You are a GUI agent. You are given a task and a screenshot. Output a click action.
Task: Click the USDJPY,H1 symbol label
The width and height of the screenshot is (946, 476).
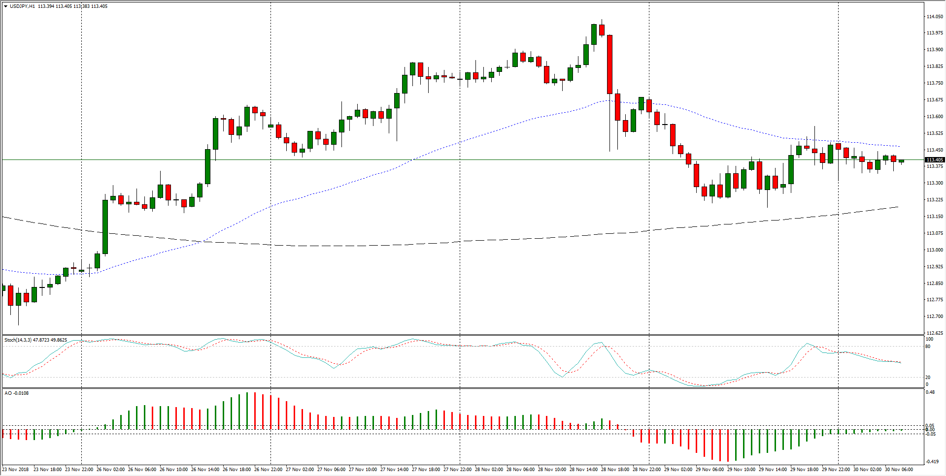point(22,6)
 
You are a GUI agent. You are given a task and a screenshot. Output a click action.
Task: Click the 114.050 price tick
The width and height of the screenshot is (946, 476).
point(934,17)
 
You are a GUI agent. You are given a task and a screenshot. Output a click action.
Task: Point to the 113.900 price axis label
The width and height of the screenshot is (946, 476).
point(934,50)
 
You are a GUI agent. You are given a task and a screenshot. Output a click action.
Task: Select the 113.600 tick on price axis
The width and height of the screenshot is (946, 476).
point(934,117)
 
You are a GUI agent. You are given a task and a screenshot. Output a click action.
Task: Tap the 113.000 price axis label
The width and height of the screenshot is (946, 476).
point(934,250)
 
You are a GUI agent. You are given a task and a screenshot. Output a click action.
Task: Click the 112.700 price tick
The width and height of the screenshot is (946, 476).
point(934,317)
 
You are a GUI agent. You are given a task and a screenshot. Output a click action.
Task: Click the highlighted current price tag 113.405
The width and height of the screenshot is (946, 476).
point(934,160)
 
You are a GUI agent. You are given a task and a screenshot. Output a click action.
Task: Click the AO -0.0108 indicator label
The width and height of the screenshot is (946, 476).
point(16,393)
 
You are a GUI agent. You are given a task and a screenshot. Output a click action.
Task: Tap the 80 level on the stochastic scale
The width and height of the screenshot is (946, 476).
point(928,347)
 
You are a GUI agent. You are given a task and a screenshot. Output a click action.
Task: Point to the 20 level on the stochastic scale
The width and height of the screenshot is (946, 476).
point(928,378)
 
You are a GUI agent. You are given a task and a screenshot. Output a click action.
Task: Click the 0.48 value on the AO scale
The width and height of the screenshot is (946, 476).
point(930,392)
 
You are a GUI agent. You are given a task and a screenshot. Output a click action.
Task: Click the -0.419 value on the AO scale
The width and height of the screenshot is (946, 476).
point(932,462)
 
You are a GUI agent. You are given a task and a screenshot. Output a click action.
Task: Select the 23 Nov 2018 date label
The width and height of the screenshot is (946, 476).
point(16,470)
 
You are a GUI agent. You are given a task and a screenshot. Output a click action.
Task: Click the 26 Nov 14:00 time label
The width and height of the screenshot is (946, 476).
point(205,470)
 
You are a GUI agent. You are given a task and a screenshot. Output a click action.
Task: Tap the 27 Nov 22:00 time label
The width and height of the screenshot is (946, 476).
point(458,470)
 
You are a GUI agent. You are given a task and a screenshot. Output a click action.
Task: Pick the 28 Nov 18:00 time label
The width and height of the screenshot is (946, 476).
point(615,470)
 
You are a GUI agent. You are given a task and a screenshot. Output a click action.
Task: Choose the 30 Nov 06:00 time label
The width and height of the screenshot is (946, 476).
point(899,470)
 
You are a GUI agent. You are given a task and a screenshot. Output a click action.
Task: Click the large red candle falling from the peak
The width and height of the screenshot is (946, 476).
point(610,64)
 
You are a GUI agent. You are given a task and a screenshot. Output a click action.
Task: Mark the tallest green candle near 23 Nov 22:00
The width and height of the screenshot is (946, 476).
point(105,226)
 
